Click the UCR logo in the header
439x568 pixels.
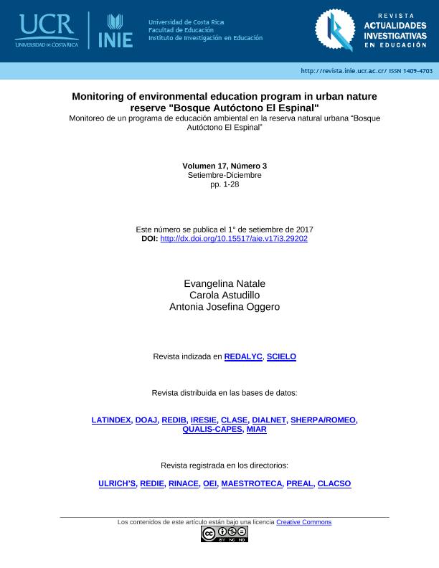click(47, 30)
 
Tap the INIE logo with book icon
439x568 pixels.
click(115, 31)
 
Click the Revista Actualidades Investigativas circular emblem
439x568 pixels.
click(334, 31)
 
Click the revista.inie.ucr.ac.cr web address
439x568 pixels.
click(344, 71)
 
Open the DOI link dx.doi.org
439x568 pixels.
click(234, 239)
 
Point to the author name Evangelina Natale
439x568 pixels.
click(225, 284)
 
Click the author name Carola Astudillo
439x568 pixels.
click(225, 295)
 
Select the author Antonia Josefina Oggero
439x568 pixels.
click(225, 307)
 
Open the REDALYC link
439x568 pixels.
click(243, 356)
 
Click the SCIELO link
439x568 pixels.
click(281, 356)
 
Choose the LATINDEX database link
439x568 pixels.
click(111, 420)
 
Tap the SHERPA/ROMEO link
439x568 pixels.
click(323, 420)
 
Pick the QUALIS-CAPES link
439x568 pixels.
click(212, 430)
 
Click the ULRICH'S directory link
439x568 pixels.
click(117, 484)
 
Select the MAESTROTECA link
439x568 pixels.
click(251, 484)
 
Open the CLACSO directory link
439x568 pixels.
click(334, 484)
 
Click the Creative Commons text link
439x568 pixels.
click(303, 522)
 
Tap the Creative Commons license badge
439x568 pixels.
click(225, 534)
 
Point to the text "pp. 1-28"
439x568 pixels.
click(225, 185)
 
